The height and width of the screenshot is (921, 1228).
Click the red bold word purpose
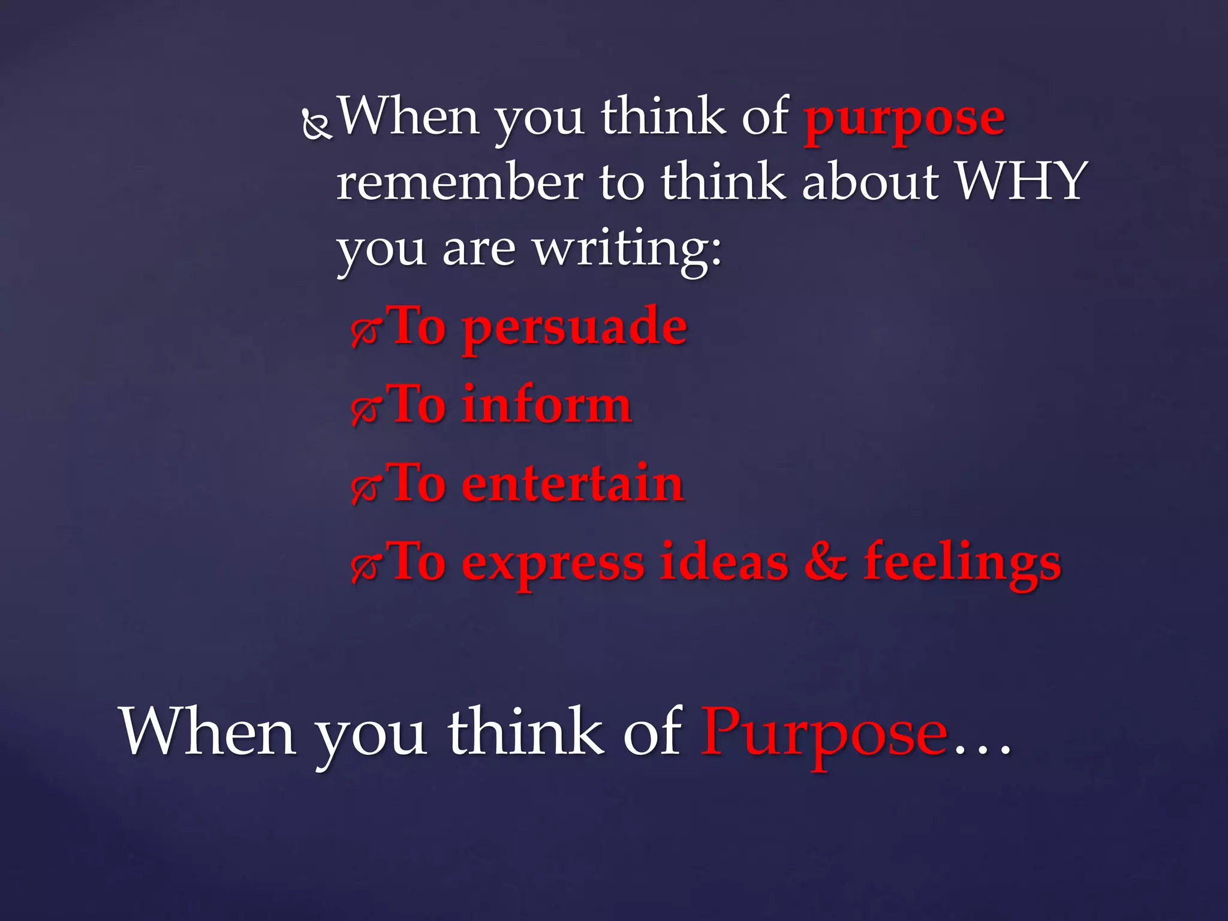pyautogui.click(x=904, y=120)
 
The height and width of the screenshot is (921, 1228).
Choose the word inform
pyautogui.click(x=546, y=405)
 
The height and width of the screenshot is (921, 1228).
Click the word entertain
pyautogui.click(x=573, y=484)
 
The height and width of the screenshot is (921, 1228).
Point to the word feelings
pyautogui.click(x=962, y=564)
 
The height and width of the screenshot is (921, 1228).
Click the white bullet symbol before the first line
pyautogui.click(x=316, y=125)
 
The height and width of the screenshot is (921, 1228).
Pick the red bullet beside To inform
pyautogui.click(x=365, y=411)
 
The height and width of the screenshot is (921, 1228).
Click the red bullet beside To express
pyautogui.click(x=365, y=568)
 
